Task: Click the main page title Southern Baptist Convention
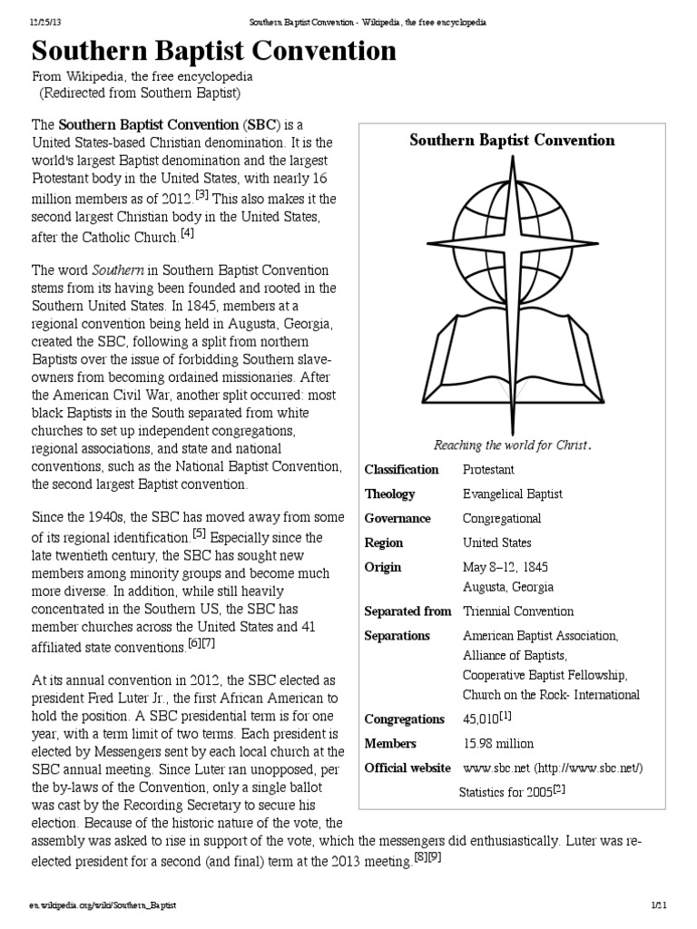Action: (x=214, y=51)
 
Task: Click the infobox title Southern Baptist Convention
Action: (x=512, y=140)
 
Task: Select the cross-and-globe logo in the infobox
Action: (x=513, y=286)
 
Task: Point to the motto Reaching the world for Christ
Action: (x=512, y=445)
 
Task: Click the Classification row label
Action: (x=401, y=469)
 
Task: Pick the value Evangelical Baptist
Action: (x=512, y=494)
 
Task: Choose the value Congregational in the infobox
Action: (x=502, y=518)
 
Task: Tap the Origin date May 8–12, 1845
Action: (x=505, y=567)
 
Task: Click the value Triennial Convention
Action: (x=517, y=611)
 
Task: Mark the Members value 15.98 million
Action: (x=498, y=743)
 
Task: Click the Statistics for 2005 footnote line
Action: (x=512, y=792)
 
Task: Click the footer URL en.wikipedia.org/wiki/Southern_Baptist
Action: (x=102, y=905)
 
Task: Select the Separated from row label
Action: (x=407, y=611)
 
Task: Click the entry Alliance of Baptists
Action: (x=515, y=655)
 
